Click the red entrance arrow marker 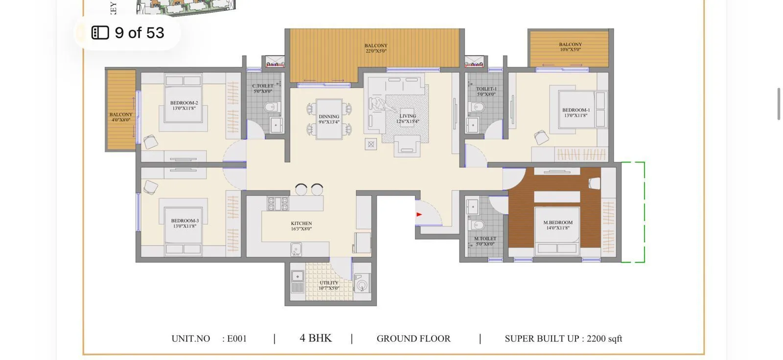point(419,214)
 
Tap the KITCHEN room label point(301,224)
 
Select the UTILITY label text point(329,283)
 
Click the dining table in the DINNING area point(329,119)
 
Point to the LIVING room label point(407,116)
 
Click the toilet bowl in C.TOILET point(270,107)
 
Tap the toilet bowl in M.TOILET point(477,225)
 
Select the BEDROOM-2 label point(184,103)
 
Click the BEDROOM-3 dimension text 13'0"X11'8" point(184,226)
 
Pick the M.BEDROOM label point(558,223)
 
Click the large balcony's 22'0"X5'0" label point(376,51)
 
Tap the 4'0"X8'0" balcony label point(121,120)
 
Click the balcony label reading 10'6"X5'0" point(571,49)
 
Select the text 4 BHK point(316,338)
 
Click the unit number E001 point(237,338)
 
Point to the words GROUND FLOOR point(414,338)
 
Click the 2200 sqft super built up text point(604,338)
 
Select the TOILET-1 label point(486,89)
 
